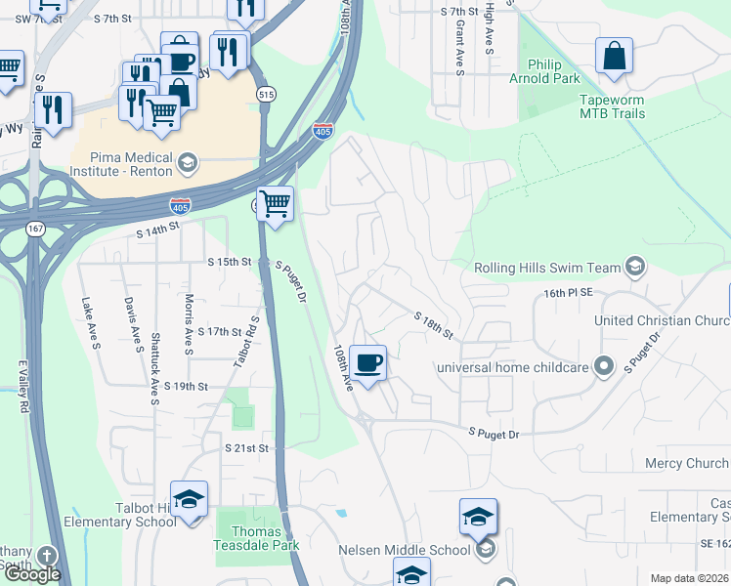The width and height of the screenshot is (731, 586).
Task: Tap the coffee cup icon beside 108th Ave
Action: tap(367, 363)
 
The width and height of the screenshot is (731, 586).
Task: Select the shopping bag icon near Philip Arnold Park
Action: tap(614, 57)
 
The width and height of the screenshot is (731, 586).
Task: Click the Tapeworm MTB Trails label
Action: tap(625, 106)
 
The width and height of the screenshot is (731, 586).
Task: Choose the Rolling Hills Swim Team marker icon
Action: tap(635, 267)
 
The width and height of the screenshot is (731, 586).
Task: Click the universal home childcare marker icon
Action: tap(604, 367)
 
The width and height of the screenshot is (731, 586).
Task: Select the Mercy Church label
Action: tap(687, 463)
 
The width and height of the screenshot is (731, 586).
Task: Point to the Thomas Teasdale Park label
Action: tap(256, 539)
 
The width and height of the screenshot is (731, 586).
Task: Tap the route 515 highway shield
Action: tap(266, 93)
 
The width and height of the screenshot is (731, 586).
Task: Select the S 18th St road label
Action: tap(433, 326)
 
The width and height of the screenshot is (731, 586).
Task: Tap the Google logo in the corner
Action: tap(32, 574)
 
